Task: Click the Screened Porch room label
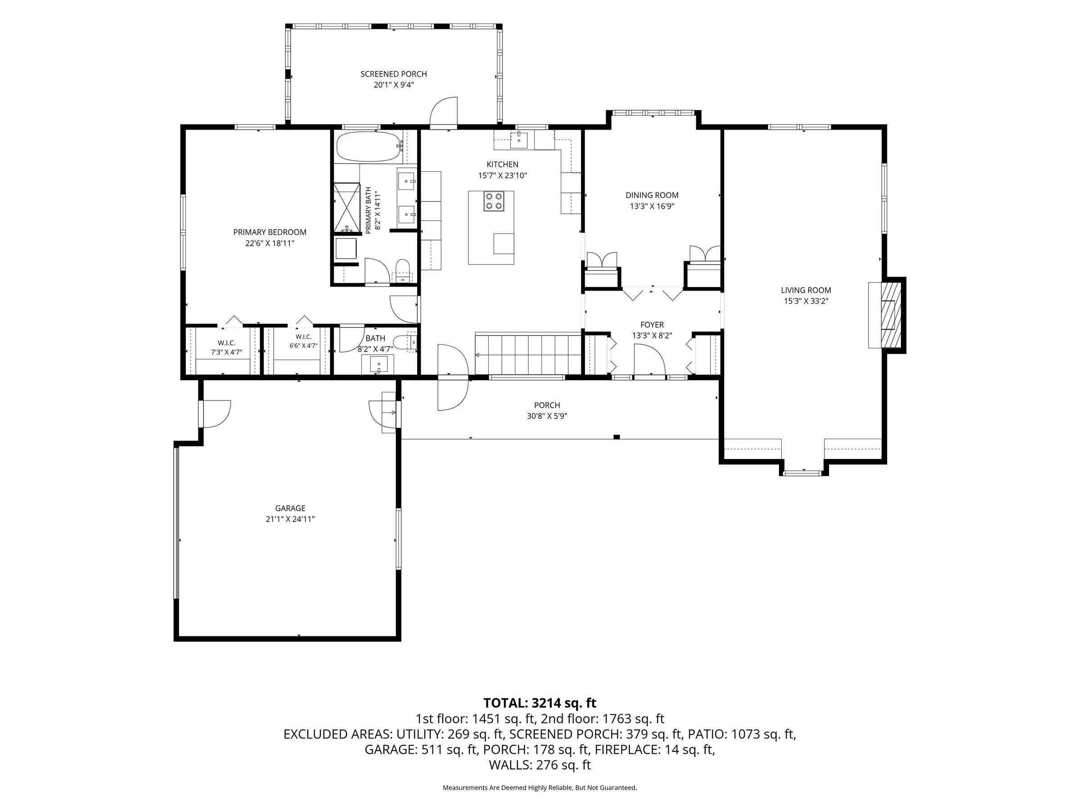point(394,74)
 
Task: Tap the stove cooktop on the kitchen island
point(494,201)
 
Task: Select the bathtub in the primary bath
point(369,146)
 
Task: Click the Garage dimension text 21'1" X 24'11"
point(290,519)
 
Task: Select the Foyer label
point(652,325)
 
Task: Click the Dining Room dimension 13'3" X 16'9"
point(652,207)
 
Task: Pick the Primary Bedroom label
point(270,232)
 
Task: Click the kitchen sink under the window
point(518,139)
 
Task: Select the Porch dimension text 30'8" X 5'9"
point(547,416)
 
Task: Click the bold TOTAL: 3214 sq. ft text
point(540,703)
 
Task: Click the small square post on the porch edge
point(616,437)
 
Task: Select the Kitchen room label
point(502,165)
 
